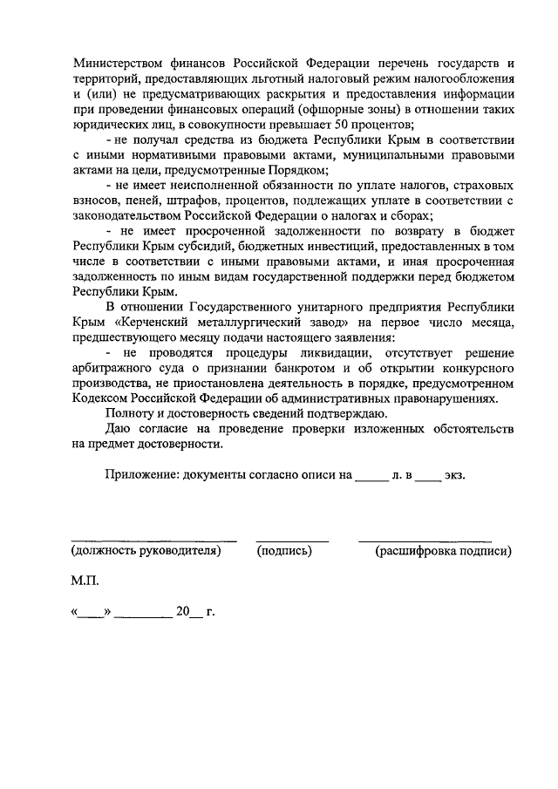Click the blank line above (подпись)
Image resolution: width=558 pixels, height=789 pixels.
click(x=292, y=539)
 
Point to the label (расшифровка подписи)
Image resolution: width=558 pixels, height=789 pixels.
click(x=442, y=551)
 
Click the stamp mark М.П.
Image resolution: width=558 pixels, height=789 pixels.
click(x=85, y=581)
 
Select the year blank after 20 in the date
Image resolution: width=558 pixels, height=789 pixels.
click(x=196, y=613)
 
